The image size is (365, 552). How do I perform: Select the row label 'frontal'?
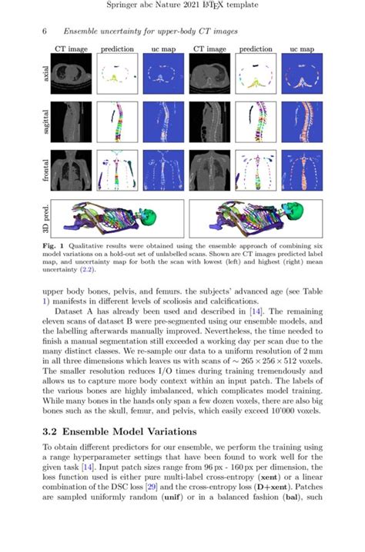coord(44,171)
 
